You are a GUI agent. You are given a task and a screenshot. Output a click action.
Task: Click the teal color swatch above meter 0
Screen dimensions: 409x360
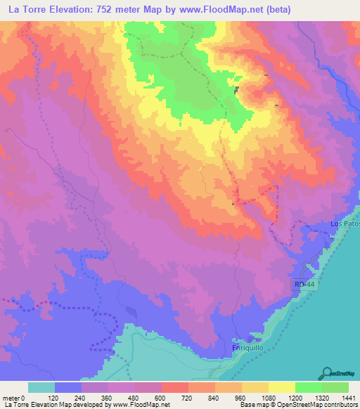coord(41,387)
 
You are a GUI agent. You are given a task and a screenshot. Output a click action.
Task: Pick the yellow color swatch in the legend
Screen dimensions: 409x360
coord(281,387)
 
